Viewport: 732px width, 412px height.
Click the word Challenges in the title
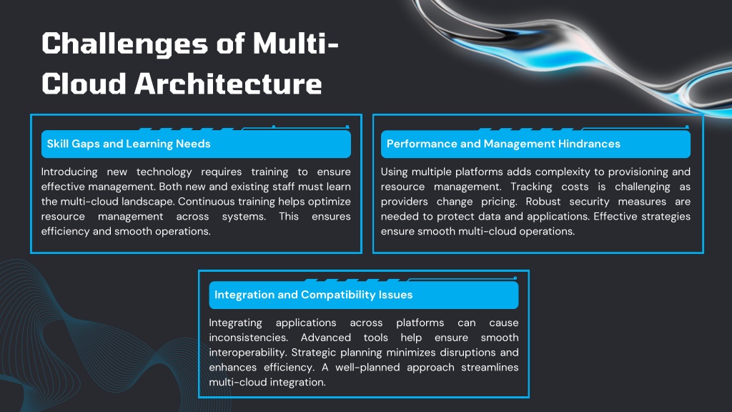tap(124, 44)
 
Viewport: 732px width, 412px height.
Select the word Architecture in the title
tap(228, 84)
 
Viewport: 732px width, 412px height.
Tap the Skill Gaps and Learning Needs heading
tap(129, 144)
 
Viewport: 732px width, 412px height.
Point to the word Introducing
tap(69, 172)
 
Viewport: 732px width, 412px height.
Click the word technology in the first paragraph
tap(164, 172)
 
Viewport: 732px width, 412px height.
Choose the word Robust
tap(543, 201)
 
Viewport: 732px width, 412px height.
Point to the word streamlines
tap(490, 367)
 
